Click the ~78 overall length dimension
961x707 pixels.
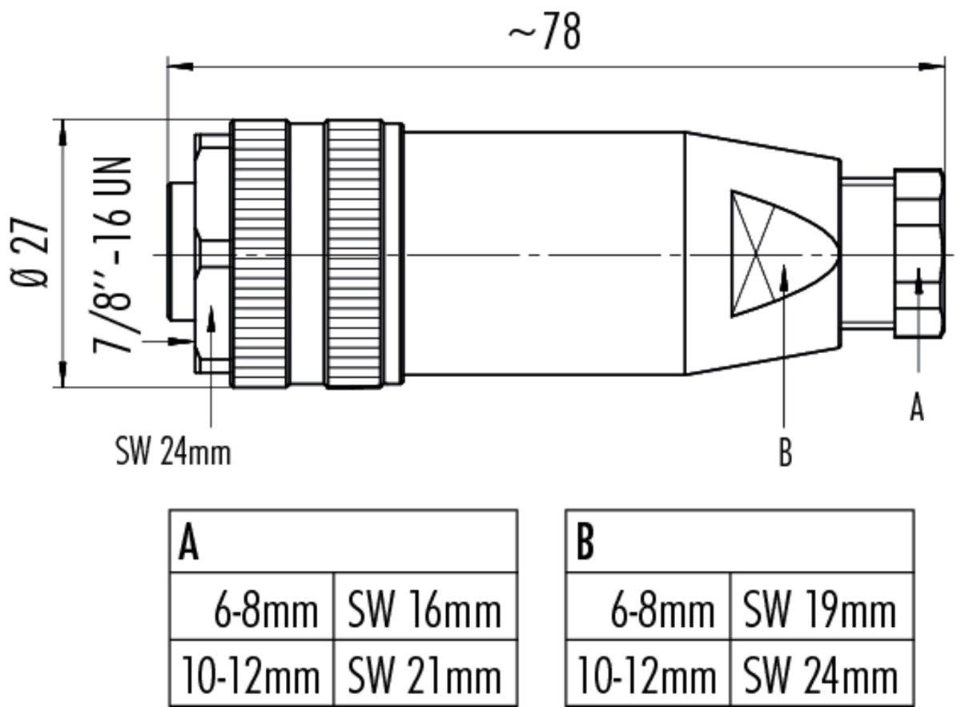545,31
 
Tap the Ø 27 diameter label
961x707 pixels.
29,253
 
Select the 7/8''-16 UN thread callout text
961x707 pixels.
111,255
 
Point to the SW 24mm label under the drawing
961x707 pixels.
173,452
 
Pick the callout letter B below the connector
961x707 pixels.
785,452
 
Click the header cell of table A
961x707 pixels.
344,541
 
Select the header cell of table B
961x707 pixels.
740,541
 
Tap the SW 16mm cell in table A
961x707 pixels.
425,606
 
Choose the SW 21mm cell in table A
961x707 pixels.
425,673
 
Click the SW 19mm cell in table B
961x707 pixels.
822,606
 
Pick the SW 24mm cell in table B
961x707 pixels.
822,673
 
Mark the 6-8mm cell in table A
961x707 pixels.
251,606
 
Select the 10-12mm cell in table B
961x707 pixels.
648,673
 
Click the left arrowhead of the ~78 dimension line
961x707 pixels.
180,67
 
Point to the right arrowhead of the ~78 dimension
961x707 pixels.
931,67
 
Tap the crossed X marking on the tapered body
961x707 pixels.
754,254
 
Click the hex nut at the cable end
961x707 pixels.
919,253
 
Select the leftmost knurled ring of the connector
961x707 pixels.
260,254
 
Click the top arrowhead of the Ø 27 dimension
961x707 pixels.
63,133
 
